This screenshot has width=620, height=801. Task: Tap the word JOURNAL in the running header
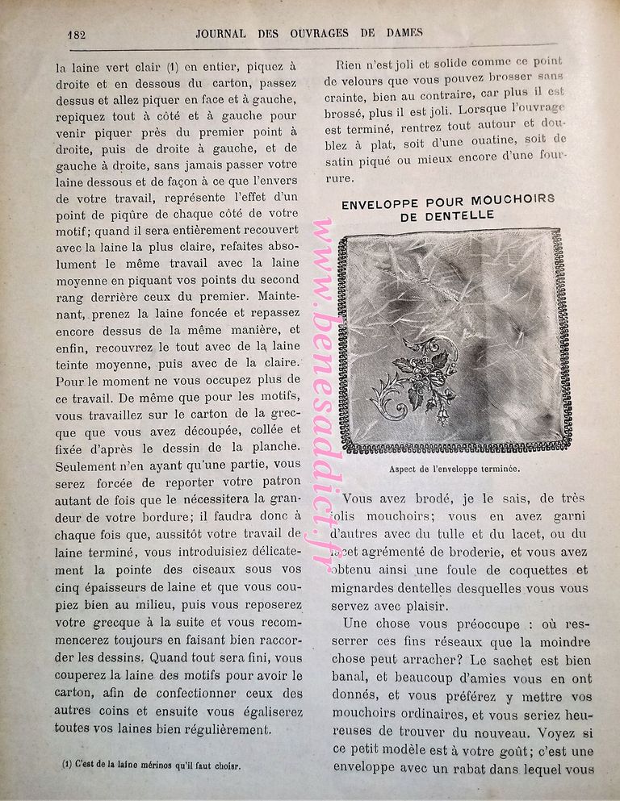[228, 33]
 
